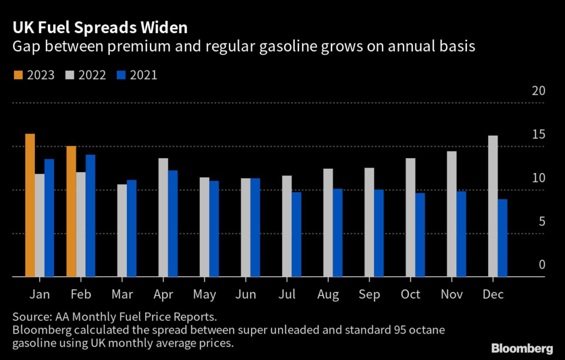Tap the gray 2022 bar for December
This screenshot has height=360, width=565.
point(493,206)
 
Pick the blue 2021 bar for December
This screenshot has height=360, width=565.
point(502,238)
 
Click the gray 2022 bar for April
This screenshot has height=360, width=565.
point(163,217)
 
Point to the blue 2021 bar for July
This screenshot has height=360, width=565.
point(296,234)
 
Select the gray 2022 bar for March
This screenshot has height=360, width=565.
point(122,230)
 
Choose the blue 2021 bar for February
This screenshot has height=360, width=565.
point(90,216)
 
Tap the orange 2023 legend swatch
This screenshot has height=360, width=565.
point(16,75)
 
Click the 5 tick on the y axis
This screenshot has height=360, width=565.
point(541,222)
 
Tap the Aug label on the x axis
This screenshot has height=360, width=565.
point(328,295)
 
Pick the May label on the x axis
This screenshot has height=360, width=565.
point(205,295)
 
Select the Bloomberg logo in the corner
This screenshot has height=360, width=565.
point(522,348)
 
